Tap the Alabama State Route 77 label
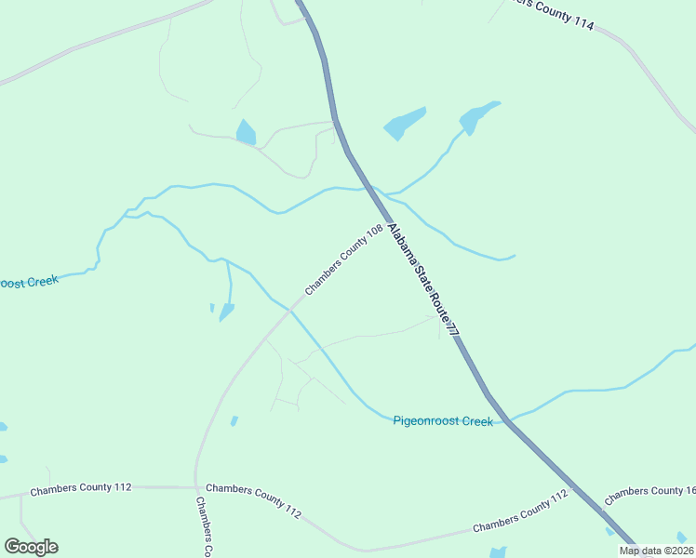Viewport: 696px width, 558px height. pyautogui.click(x=423, y=278)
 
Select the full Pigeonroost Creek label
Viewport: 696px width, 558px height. pyautogui.click(x=442, y=421)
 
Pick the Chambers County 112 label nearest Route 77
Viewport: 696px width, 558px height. pyautogui.click(x=519, y=512)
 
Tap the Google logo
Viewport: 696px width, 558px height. pyautogui.click(x=31, y=546)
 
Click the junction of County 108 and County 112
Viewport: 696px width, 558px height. pyautogui.click(x=195, y=486)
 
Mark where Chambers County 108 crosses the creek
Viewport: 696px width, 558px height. pyautogui.click(x=290, y=309)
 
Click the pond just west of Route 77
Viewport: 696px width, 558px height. pyautogui.click(x=246, y=133)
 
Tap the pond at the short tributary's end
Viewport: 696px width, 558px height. pyautogui.click(x=226, y=312)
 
